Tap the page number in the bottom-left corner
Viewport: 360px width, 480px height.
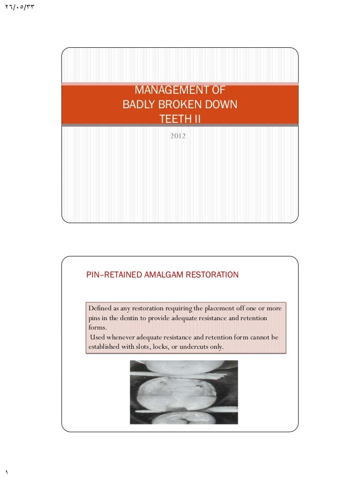[7, 471]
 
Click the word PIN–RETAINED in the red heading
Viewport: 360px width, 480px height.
[111, 275]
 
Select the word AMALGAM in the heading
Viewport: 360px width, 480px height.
[159, 275]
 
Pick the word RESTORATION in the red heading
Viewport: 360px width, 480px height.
[212, 275]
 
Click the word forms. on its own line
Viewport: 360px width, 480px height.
[97, 328]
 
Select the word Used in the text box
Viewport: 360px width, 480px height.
[97, 337]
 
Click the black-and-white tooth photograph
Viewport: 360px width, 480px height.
[184, 392]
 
